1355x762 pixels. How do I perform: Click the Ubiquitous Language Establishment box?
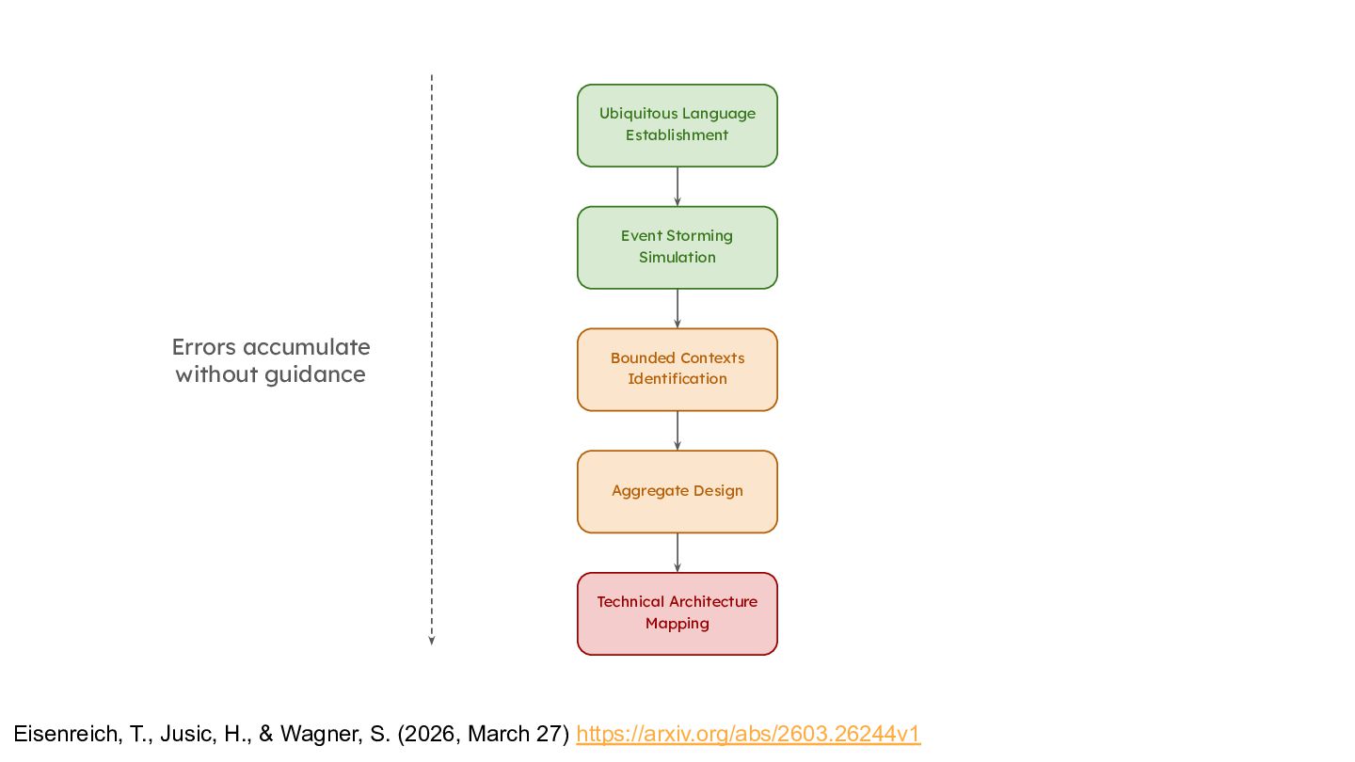coord(677,125)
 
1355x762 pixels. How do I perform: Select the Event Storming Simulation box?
coord(677,247)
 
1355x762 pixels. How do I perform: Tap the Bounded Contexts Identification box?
coord(677,370)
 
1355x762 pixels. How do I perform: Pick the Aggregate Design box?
coord(677,492)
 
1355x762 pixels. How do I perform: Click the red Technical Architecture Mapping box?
coord(677,613)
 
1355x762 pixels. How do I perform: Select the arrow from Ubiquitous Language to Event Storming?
coord(677,187)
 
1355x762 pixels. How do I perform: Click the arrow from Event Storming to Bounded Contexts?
coord(677,309)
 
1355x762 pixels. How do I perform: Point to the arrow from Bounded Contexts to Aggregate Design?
coord(677,431)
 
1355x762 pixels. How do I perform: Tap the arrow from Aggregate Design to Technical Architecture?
coord(677,553)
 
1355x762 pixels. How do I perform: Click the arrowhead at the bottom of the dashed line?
coord(431,641)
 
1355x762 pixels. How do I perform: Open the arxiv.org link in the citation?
coord(748,734)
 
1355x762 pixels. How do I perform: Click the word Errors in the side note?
coord(204,347)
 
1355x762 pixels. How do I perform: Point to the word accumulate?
coord(307,347)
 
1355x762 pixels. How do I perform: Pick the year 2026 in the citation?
coord(432,734)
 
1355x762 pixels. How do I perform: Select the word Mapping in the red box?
coord(677,624)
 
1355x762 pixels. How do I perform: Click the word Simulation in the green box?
coord(677,257)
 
